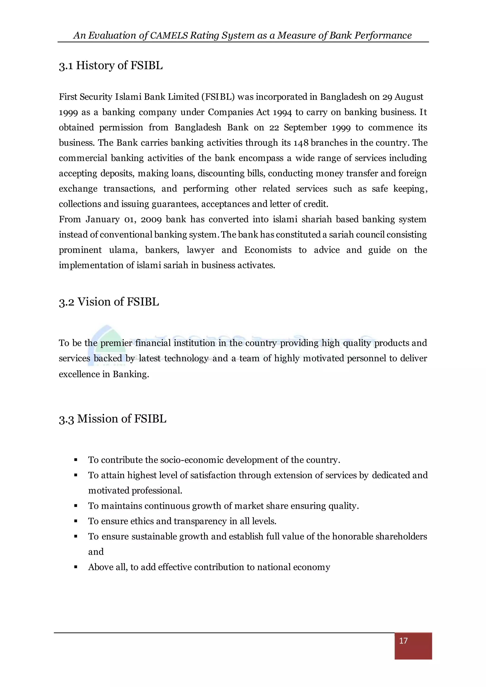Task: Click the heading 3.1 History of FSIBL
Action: point(111,65)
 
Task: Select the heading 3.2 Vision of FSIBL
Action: point(109,302)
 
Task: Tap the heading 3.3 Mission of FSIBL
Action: point(112,419)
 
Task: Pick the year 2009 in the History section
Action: point(151,219)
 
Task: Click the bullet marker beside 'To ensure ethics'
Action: point(76,521)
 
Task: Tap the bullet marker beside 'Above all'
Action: point(76,567)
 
